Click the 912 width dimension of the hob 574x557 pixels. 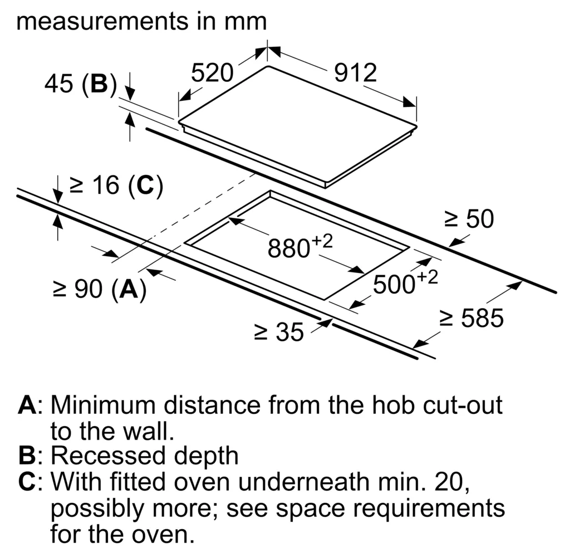(355, 73)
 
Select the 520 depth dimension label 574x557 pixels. (212, 73)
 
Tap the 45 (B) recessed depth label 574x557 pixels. (81, 84)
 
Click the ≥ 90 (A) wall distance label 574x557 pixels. (100, 289)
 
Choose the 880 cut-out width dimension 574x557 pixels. (300, 246)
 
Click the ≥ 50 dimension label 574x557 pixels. (469, 219)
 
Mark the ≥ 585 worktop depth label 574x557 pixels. (472, 318)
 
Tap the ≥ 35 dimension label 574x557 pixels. (279, 332)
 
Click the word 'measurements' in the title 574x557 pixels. (102, 22)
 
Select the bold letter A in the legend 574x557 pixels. (27, 405)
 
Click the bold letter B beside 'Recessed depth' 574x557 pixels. (27, 456)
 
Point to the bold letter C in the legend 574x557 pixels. (27, 481)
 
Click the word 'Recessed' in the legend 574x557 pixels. (109, 456)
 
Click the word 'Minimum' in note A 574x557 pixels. (103, 405)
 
